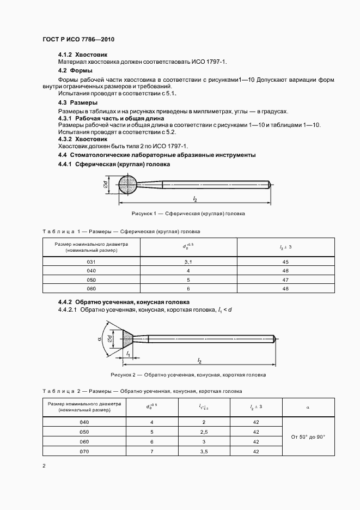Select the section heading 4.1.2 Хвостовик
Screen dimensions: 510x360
[83, 55]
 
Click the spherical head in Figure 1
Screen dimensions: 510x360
[129, 185]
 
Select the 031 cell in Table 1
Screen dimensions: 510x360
[91, 262]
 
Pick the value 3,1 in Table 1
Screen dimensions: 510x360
[188, 262]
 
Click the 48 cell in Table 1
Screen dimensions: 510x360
[285, 288]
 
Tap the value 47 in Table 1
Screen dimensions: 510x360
[285, 280]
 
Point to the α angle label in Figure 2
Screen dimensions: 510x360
[100, 338]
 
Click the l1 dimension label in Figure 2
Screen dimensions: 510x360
[127, 354]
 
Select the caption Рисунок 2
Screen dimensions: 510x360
[188, 375]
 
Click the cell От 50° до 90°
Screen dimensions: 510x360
[308, 436]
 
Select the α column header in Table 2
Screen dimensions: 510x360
[308, 406]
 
